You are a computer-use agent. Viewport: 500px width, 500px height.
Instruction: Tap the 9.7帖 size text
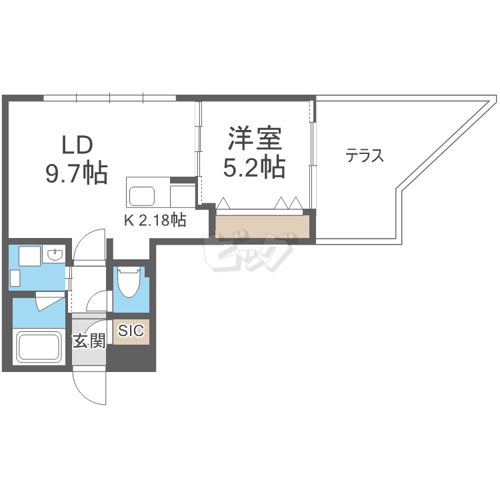point(77,173)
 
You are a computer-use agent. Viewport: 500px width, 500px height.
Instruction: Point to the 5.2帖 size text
point(254,167)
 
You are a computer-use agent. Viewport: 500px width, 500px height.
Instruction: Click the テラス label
point(364,156)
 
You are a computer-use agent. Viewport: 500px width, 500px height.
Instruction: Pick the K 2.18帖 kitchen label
point(154,219)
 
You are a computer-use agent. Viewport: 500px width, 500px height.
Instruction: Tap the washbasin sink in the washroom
point(55,255)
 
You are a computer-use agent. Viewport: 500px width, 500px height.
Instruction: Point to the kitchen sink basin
point(142,196)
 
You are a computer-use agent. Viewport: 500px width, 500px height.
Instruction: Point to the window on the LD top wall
point(110,98)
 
